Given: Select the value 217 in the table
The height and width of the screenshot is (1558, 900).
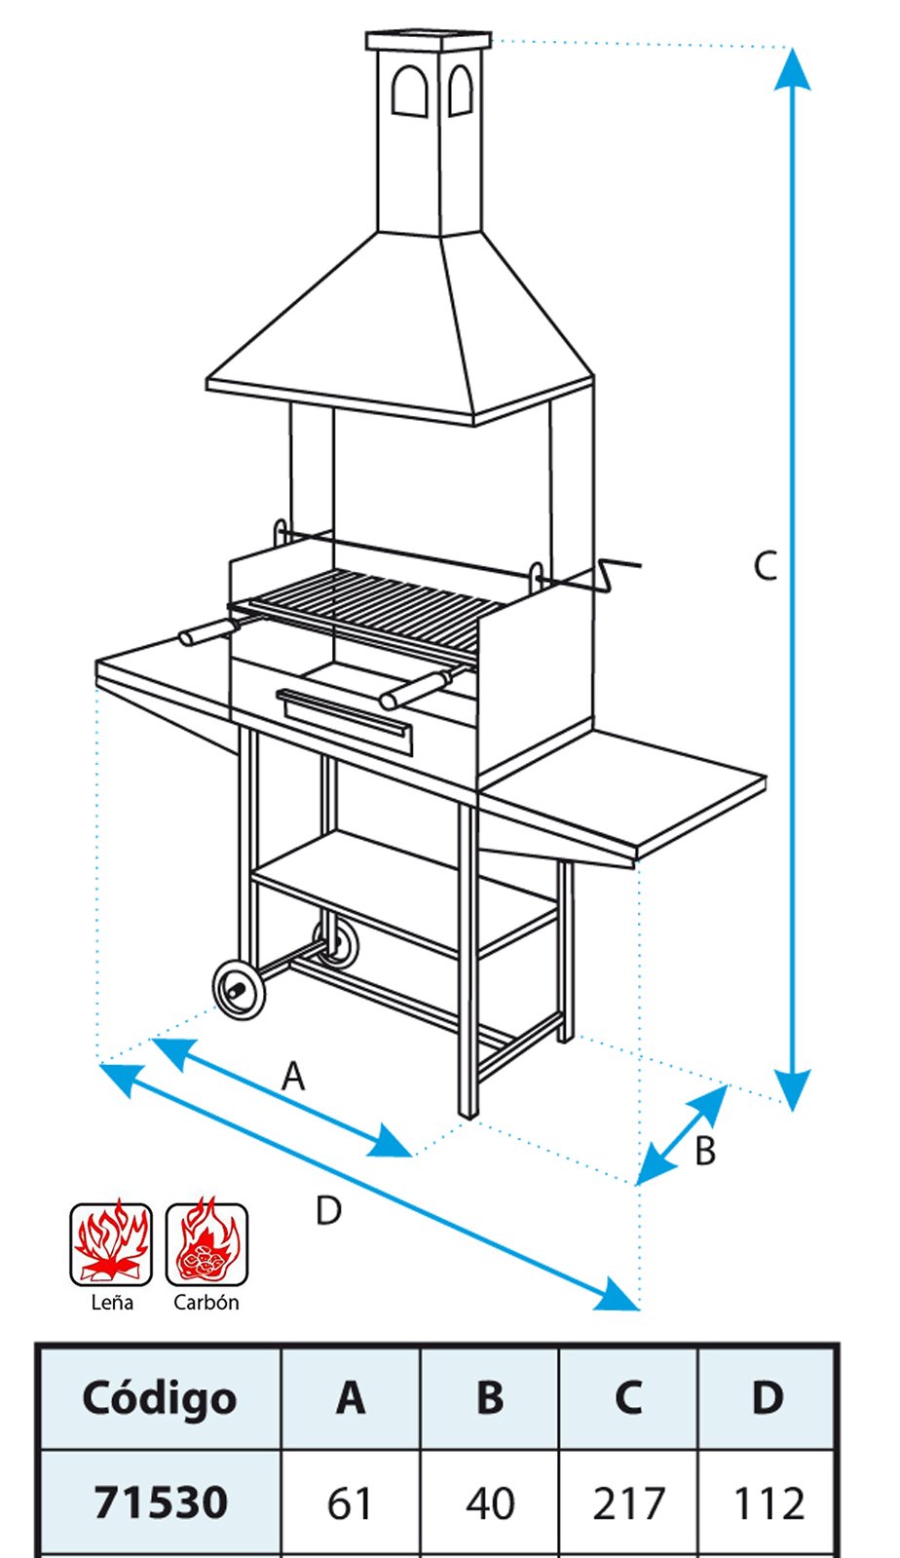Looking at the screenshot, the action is pyautogui.click(x=629, y=1503).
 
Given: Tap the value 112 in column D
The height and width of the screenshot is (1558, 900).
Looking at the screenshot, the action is pyautogui.click(x=769, y=1503).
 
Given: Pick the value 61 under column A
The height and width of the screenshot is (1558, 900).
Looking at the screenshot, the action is pyautogui.click(x=349, y=1503).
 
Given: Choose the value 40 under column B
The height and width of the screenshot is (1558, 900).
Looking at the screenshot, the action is pyautogui.click(x=490, y=1503).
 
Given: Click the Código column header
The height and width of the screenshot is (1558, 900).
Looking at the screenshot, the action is pyautogui.click(x=160, y=1399).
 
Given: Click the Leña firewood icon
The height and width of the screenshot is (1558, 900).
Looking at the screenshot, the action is pyautogui.click(x=111, y=1244).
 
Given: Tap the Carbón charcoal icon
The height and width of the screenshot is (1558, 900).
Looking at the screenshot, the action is pyautogui.click(x=206, y=1244).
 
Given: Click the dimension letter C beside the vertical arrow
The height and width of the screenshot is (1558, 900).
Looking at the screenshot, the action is pyautogui.click(x=765, y=565).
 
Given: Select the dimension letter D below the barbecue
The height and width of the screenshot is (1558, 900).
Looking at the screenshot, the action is pyautogui.click(x=328, y=1210).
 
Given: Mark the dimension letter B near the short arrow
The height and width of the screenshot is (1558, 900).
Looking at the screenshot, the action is pyautogui.click(x=705, y=1150).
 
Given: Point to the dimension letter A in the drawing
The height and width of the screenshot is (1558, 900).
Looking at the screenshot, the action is pyautogui.click(x=293, y=1076).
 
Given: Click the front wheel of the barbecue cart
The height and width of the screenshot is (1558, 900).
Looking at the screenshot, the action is pyautogui.click(x=239, y=990).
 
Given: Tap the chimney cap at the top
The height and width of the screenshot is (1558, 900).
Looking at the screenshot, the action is pyautogui.click(x=429, y=41).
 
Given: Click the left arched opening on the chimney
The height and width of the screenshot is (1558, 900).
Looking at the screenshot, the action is pyautogui.click(x=409, y=90).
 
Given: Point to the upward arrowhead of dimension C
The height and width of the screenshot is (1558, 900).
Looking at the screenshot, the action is pyautogui.click(x=792, y=69).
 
